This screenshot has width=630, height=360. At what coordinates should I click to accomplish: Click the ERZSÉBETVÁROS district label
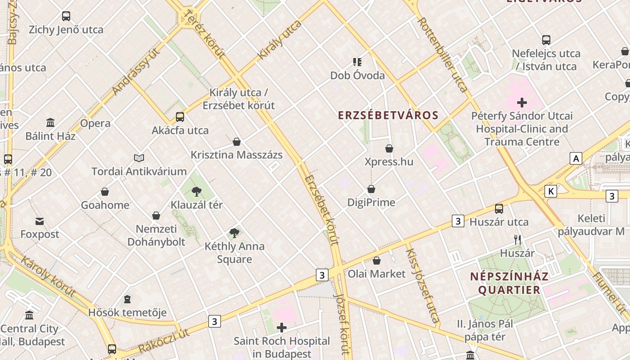pos(388,115)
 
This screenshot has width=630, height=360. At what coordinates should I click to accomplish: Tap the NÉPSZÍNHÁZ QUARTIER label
pos(509,283)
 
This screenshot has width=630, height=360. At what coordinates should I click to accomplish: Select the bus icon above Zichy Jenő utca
pos(66,16)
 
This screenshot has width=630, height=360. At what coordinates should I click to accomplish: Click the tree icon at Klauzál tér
pos(196,192)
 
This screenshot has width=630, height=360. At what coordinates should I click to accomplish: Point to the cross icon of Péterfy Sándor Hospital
pos(522,103)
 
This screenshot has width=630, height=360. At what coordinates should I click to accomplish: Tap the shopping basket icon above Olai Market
pos(377,261)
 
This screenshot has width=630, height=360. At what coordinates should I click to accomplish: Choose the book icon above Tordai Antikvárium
pos(139,158)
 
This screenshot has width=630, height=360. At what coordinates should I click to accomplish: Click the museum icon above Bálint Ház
pos(50,122)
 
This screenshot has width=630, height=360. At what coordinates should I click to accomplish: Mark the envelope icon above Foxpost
pos(40,221)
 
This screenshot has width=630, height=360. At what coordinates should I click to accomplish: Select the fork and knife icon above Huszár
pos(517,240)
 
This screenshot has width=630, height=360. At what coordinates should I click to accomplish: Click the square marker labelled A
pos(576,158)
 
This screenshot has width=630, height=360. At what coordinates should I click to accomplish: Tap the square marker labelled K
pos(550,191)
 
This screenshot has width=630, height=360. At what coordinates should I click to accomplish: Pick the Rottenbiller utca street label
pos(443,54)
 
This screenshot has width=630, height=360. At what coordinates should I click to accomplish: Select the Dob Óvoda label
pos(357,75)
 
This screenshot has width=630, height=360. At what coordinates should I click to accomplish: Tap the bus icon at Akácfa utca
pos(180,117)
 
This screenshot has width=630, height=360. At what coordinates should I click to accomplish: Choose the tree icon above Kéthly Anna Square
pos(234,233)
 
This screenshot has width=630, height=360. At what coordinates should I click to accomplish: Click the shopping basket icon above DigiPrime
pos(371,189)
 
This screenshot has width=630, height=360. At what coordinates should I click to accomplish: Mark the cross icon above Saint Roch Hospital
pos(282,328)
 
